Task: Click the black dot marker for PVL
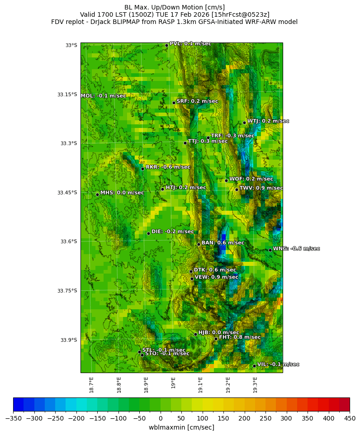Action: tap(166, 45)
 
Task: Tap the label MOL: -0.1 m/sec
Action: tap(103, 96)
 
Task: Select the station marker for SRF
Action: tap(174, 103)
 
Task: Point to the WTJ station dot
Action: tap(244, 123)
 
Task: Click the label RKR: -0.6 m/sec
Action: tap(168, 167)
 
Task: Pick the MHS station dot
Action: tap(97, 194)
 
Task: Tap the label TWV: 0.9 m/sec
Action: tap(261, 188)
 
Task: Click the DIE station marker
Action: tap(148, 233)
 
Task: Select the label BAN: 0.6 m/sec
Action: tap(223, 243)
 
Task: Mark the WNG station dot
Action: tap(270, 250)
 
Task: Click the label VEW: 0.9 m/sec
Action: tap(216, 277)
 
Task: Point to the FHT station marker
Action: tap(216, 339)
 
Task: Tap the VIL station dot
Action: tap(254, 366)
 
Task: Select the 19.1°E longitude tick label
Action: tap(201, 384)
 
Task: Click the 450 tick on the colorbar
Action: tap(350, 418)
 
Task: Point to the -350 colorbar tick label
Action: tap(13, 418)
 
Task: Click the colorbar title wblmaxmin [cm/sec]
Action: tap(181, 427)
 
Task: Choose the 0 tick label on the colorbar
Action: tap(161, 418)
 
